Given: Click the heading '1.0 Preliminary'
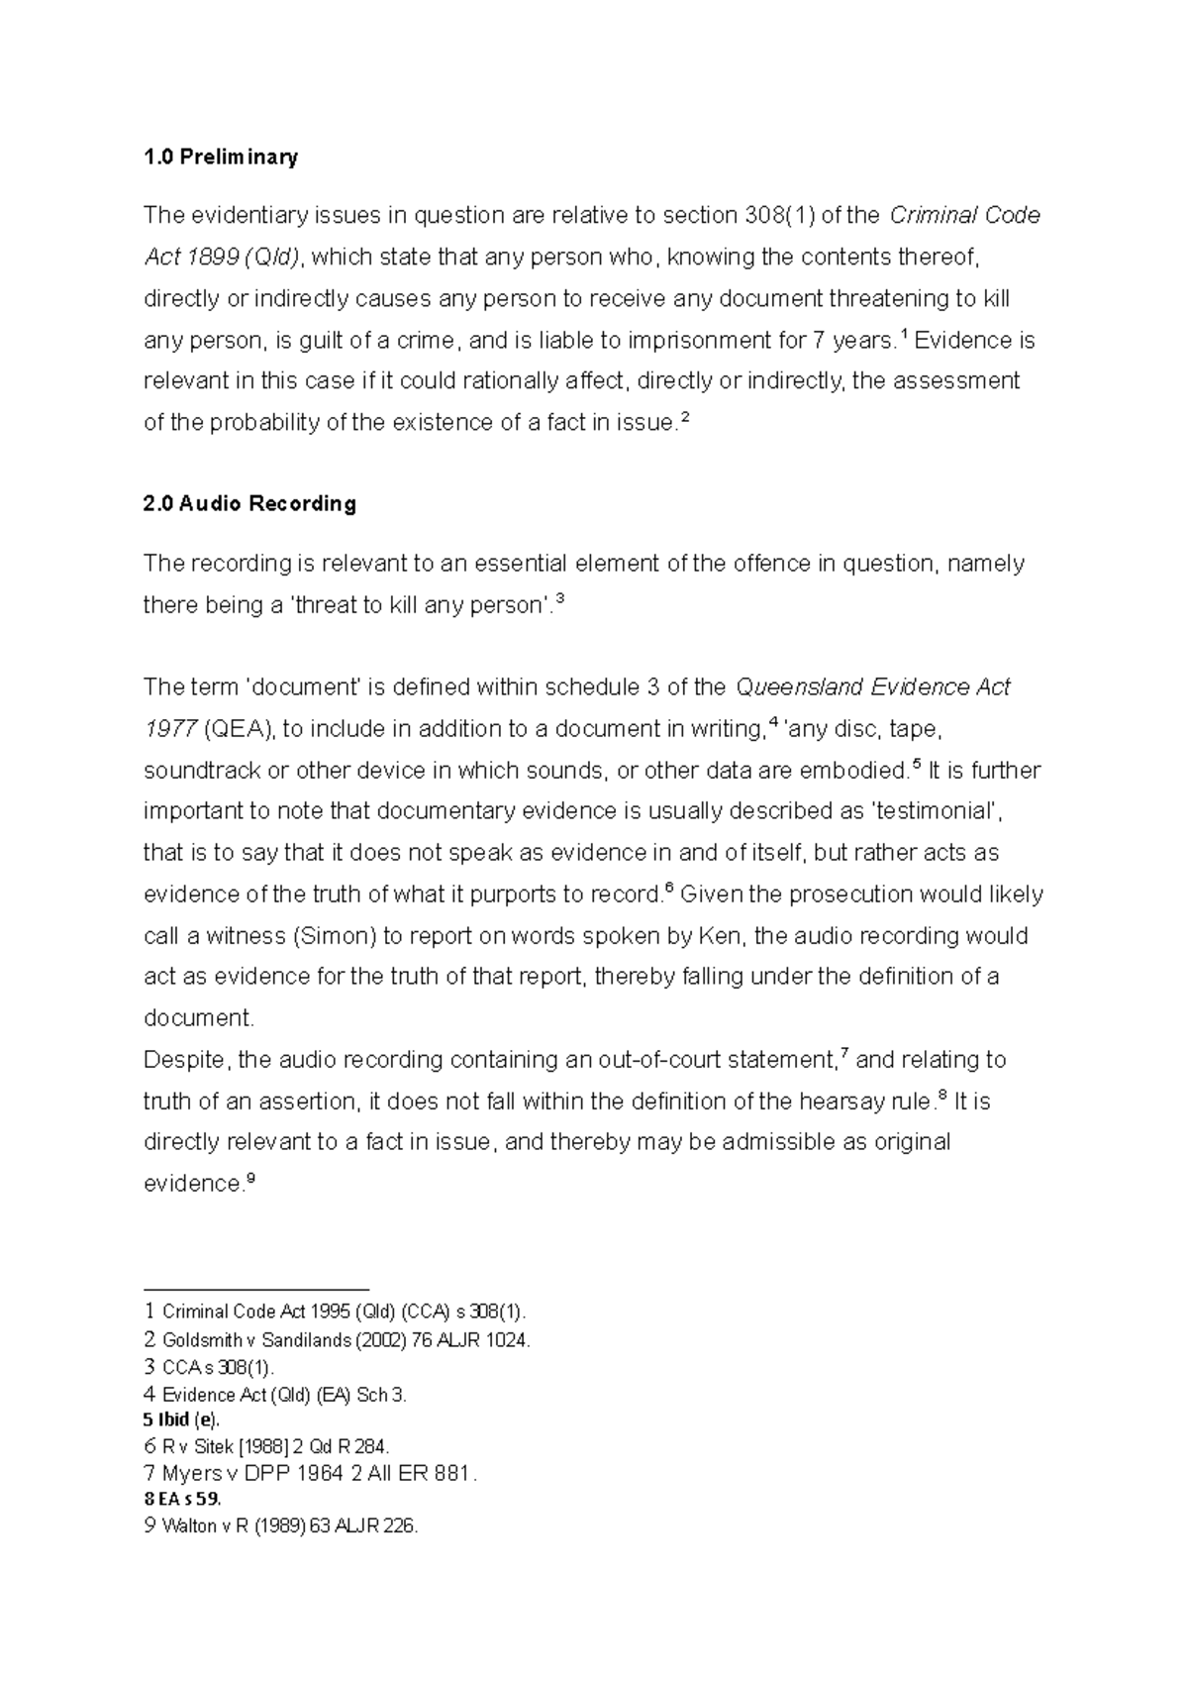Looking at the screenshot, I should pos(220,157).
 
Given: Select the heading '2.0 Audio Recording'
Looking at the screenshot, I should pos(249,503).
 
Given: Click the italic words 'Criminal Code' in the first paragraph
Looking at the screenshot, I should pos(965,215).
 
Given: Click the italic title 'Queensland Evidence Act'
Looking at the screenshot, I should pos(872,686).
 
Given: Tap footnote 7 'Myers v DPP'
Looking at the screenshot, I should pos(310,1473).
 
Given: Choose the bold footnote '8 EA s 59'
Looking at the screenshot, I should pos(183,1500).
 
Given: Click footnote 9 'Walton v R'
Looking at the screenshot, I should pos(281,1526).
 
